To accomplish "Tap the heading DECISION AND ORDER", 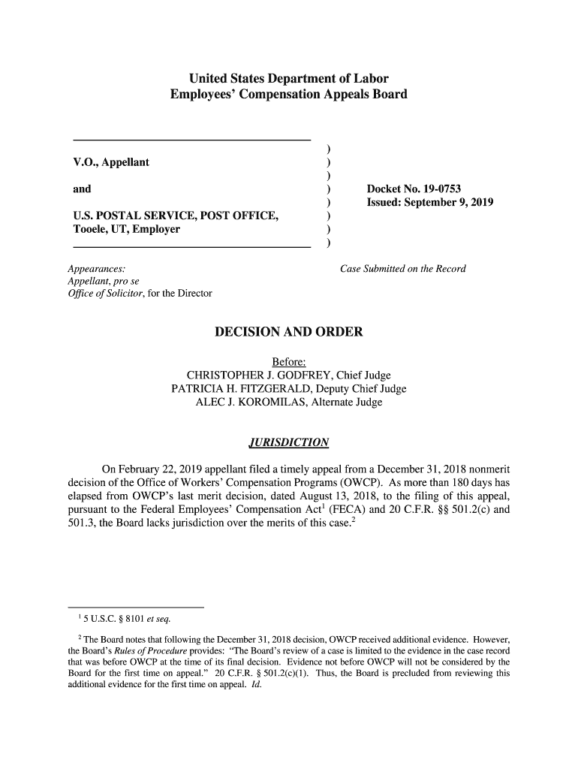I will click(288, 331).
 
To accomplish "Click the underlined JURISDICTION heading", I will click(288, 442).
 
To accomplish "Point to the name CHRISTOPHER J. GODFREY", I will click(259, 375).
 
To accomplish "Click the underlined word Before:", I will click(288, 361).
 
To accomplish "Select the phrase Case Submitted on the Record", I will click(403, 268).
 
